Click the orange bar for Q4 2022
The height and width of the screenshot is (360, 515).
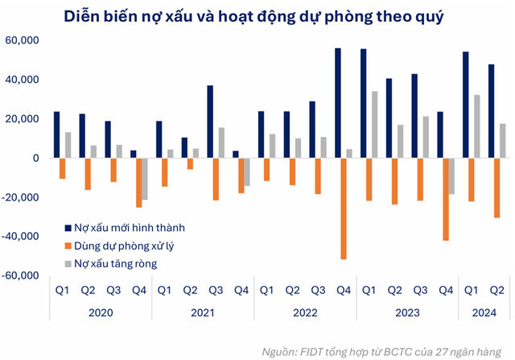coord(344,209)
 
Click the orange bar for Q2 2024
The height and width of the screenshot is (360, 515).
coord(496,188)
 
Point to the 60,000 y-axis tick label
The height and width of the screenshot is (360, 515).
coord(25,40)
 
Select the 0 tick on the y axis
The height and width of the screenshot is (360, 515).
coord(36,159)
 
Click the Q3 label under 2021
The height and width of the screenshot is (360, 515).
coord(216,291)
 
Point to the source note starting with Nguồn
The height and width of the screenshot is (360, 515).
coord(385,351)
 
